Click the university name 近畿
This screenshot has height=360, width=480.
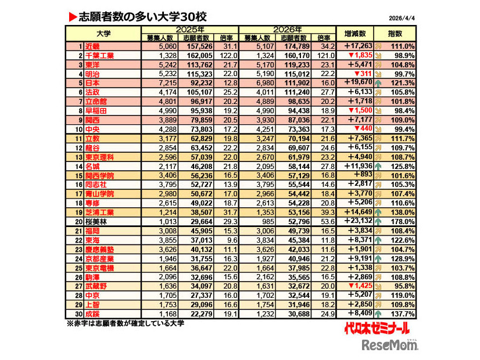click(x=92, y=46)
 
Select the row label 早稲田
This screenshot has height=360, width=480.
click(x=96, y=111)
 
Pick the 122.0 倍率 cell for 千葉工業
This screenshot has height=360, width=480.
click(x=226, y=55)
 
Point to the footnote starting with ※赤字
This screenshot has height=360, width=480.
click(x=126, y=323)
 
